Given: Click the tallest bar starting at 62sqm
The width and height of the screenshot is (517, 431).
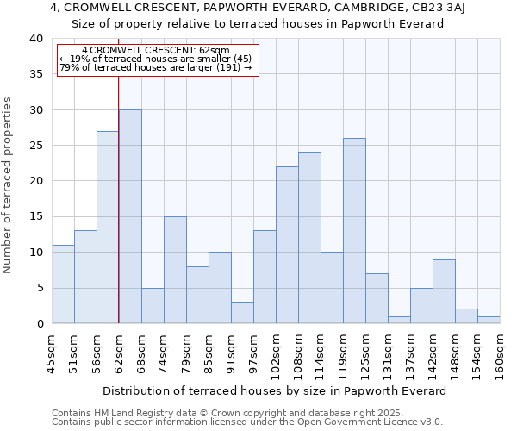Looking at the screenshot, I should click(x=130, y=216).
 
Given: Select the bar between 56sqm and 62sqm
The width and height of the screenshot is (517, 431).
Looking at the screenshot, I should click(x=108, y=228).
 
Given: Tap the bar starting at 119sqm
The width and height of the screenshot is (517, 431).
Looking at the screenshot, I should click(x=354, y=231).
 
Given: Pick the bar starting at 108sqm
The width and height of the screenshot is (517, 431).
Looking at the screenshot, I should click(x=309, y=238).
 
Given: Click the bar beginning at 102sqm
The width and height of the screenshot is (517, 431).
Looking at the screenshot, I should click(x=287, y=245).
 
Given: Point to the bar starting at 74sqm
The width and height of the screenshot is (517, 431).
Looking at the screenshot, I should click(x=175, y=270).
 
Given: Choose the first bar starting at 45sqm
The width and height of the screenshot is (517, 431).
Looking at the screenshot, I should click(x=63, y=284).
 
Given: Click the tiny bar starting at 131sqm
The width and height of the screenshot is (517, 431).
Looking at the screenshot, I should click(x=399, y=320).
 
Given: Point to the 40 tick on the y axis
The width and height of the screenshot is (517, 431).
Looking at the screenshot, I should click(x=35, y=39).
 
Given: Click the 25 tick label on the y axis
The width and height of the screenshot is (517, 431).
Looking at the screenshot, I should click(x=35, y=146).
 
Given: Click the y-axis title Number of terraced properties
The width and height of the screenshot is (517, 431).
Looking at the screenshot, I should click(x=9, y=184).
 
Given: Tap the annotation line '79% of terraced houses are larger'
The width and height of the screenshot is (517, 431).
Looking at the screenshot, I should click(x=156, y=67).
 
